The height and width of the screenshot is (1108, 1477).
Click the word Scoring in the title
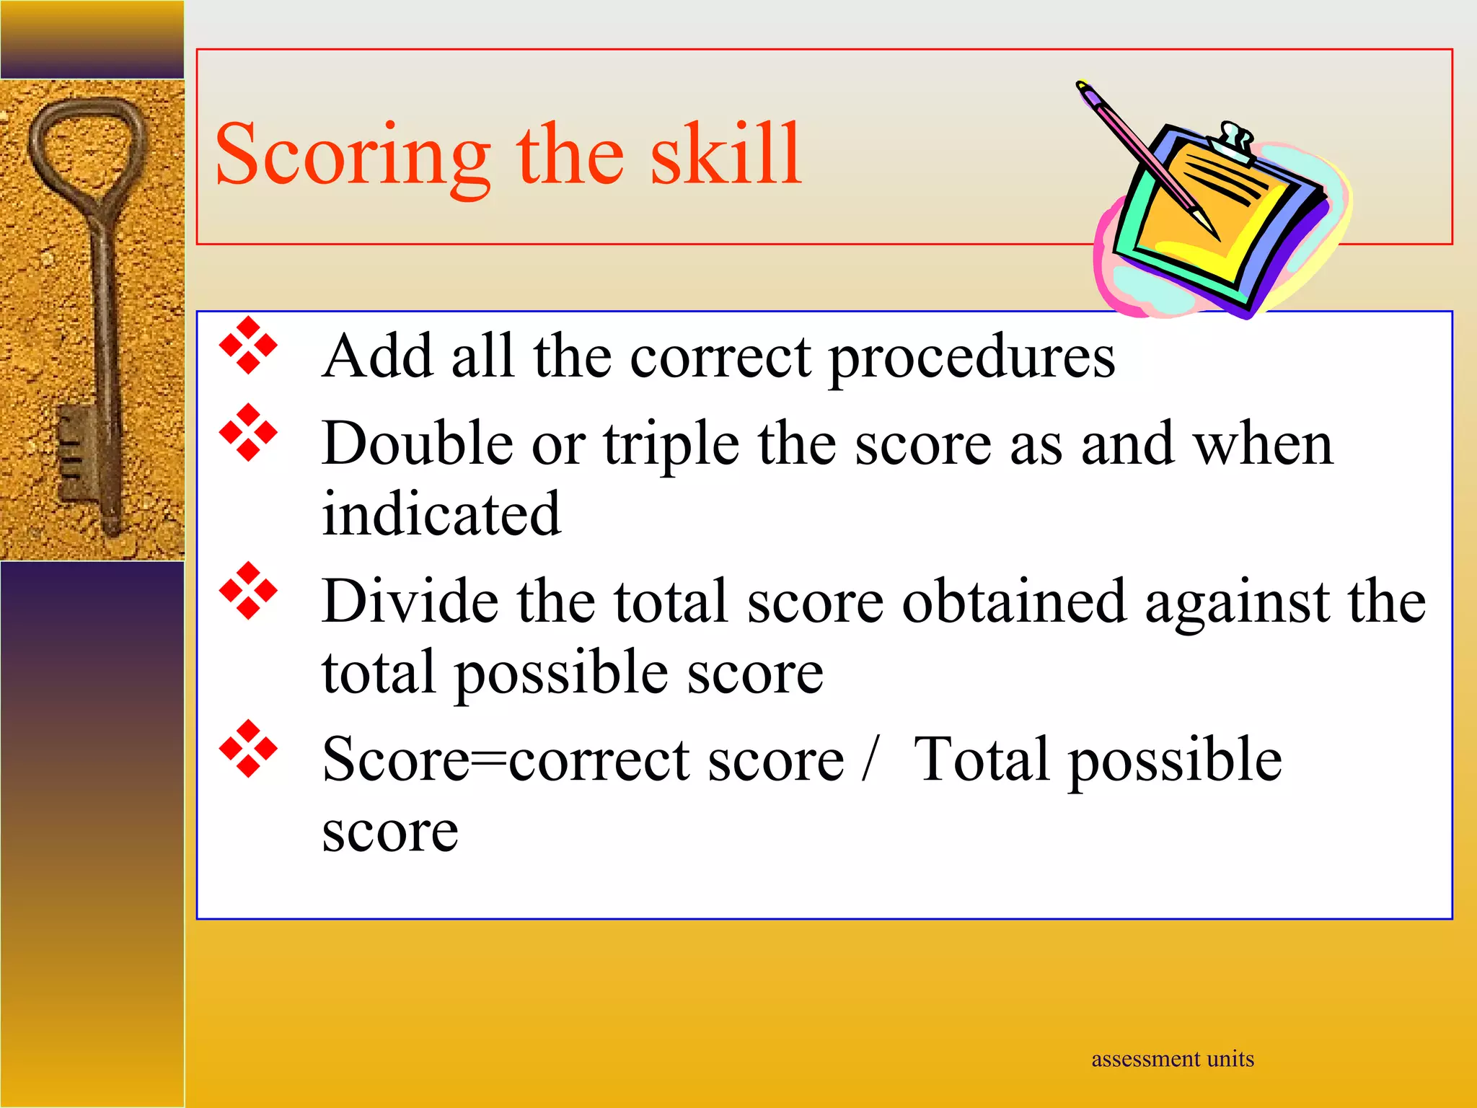[352, 155]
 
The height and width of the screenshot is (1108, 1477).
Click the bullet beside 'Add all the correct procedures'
[248, 346]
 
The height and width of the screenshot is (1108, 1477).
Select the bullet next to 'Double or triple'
[248, 432]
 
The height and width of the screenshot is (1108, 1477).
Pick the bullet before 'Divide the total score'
[248, 591]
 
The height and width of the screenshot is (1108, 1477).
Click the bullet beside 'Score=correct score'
[248, 749]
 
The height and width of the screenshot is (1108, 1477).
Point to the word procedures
[971, 359]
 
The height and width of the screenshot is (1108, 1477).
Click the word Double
[418, 444]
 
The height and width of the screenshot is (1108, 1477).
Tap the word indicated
[441, 515]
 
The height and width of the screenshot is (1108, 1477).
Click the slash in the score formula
[870, 760]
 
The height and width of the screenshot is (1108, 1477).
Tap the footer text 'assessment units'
[1172, 1059]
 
